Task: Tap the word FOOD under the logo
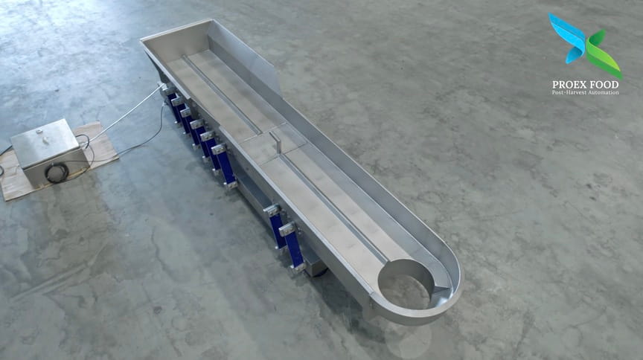605,85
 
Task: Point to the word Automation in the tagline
604,93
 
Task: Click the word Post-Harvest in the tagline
569,93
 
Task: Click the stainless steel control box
48,152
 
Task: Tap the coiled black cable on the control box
57,173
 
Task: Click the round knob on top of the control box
39,132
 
